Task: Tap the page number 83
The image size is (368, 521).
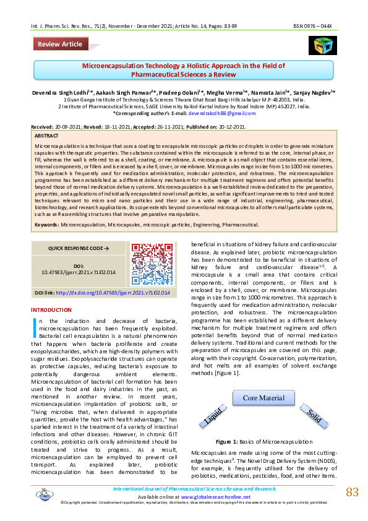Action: coord(352,492)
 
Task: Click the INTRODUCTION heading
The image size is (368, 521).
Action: coord(51,309)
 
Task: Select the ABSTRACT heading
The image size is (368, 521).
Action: coord(47,135)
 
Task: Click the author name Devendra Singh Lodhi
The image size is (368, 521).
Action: coord(56,92)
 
